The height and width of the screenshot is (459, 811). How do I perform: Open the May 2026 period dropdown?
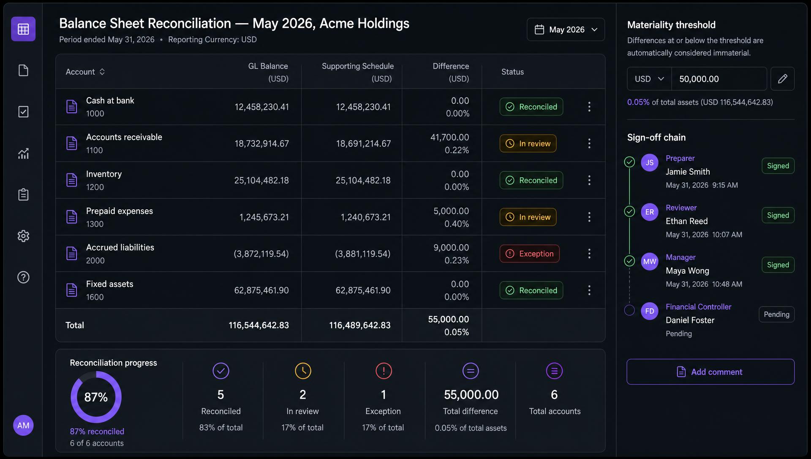click(566, 30)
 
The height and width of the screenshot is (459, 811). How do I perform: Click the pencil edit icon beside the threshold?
click(782, 79)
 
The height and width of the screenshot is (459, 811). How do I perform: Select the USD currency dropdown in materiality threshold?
click(649, 79)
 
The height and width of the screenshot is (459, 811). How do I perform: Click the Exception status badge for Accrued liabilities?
click(530, 254)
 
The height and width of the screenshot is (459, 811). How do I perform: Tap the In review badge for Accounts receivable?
click(528, 143)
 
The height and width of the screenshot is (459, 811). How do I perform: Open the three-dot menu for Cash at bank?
click(589, 107)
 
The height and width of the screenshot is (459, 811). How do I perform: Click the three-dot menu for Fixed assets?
click(589, 290)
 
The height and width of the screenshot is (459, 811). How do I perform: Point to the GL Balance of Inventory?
click(261, 181)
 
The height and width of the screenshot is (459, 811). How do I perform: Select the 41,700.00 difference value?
click(449, 138)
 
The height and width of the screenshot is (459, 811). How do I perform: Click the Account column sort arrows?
click(102, 72)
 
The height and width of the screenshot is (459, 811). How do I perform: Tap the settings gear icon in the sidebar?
click(23, 236)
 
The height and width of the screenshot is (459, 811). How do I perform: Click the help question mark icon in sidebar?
click(23, 277)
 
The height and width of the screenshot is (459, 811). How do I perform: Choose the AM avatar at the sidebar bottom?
click(23, 425)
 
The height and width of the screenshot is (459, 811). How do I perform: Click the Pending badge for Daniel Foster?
click(776, 314)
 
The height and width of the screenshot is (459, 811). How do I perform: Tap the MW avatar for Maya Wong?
click(650, 262)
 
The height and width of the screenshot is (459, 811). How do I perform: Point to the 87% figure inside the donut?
click(96, 397)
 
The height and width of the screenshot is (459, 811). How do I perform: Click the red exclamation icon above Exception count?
click(384, 371)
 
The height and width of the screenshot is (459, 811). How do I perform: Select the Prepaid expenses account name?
click(120, 211)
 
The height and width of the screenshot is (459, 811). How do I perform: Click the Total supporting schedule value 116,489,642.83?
click(360, 325)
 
